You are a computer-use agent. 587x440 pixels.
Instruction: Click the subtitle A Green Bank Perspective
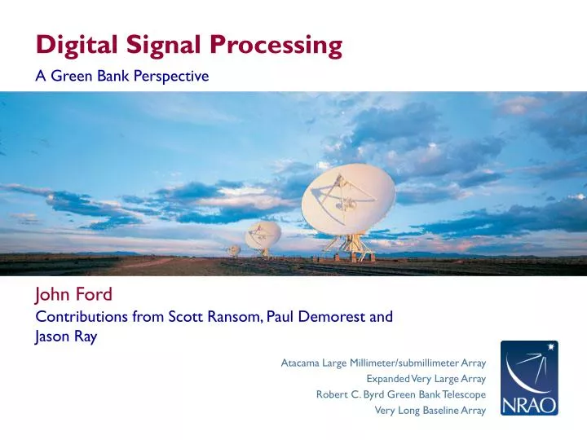[121, 77]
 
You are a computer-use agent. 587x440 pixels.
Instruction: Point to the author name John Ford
[73, 295]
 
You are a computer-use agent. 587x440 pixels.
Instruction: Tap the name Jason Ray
[66, 337]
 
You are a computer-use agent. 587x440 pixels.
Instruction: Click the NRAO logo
[529, 378]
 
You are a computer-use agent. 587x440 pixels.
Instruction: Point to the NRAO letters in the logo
[529, 403]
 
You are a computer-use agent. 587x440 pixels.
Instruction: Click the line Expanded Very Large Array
[426, 379]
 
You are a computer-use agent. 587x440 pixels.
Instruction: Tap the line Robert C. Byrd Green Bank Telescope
[400, 394]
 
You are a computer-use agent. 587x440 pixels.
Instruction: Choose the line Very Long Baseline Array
[430, 411]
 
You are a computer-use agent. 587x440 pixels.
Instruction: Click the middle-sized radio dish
[263, 234]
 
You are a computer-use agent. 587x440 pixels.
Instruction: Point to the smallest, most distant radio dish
[234, 250]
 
